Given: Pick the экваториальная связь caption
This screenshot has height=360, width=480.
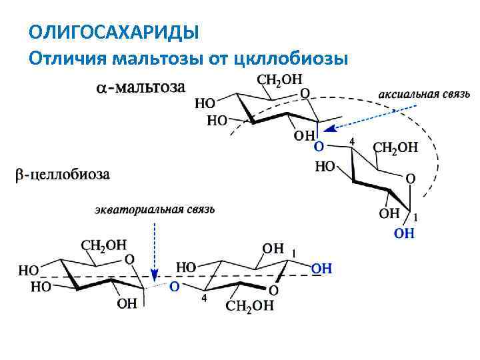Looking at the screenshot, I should [x=153, y=209].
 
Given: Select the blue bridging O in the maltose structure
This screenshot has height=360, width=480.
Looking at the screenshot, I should [x=319, y=145].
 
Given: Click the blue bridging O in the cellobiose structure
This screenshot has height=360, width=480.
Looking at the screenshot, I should [x=173, y=287].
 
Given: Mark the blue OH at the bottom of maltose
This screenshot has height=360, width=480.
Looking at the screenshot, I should [x=404, y=233].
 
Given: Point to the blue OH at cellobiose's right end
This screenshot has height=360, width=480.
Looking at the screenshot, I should [x=321, y=268].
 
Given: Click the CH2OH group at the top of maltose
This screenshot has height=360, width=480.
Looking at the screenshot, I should [x=279, y=79].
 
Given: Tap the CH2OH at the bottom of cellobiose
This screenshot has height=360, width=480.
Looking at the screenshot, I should [x=249, y=306].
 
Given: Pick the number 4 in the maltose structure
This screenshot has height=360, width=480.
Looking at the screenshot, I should [x=351, y=142].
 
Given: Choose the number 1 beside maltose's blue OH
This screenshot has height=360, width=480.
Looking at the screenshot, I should [x=415, y=217].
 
